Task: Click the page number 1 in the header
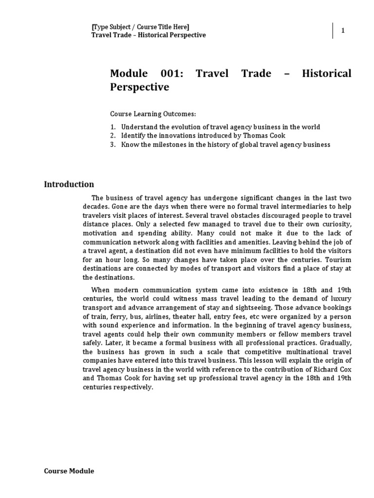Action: coord(343,31)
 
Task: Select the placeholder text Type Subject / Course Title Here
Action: coord(141,27)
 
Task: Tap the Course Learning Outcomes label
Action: coord(152,114)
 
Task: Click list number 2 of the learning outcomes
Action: coord(112,136)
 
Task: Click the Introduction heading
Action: coord(69,184)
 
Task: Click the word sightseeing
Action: coord(269,308)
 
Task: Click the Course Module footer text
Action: coord(69,471)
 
